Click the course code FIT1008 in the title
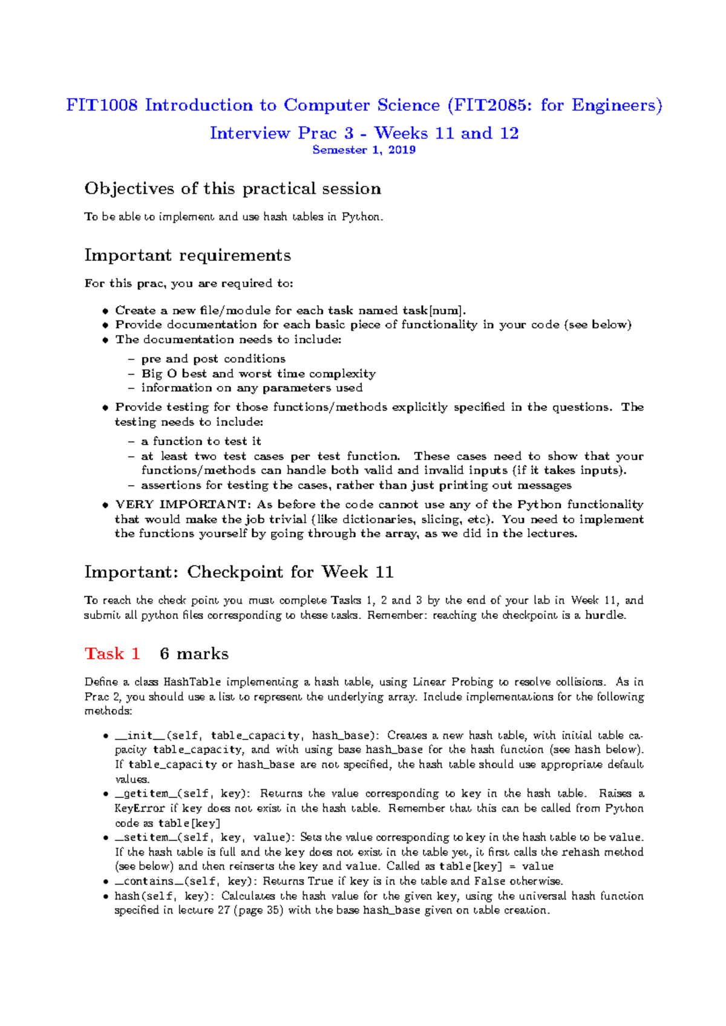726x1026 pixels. (x=102, y=105)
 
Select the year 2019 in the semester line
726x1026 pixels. (x=402, y=150)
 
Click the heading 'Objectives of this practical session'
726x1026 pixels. (x=232, y=189)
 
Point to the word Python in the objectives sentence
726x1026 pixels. (x=361, y=217)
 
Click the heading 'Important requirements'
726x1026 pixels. (x=188, y=255)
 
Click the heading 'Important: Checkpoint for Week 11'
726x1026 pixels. (x=238, y=572)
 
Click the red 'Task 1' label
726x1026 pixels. (x=113, y=654)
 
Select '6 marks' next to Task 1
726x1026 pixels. (x=194, y=654)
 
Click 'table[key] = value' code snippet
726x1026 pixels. (x=496, y=866)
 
